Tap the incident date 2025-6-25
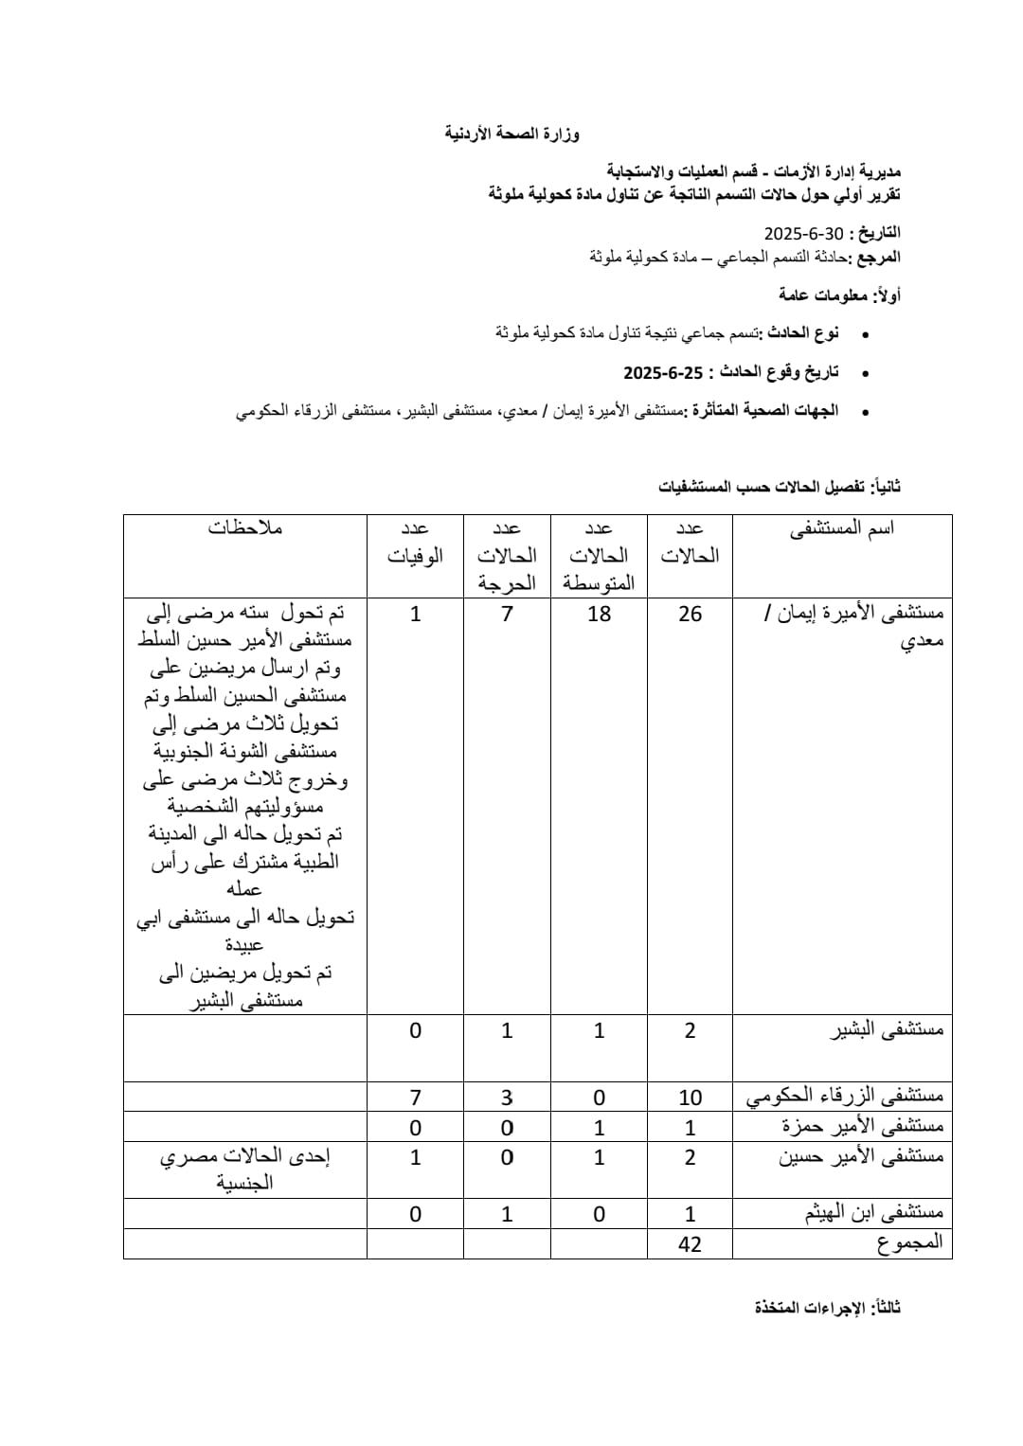[x=663, y=372]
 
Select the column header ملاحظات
[x=245, y=528]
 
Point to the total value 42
[x=690, y=1244]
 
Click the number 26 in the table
[x=690, y=614]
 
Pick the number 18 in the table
[x=599, y=614]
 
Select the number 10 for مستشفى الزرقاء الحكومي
[x=690, y=1098]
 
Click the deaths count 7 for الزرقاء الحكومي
[x=415, y=1098]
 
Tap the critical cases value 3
[x=507, y=1098]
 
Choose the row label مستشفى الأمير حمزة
[x=862, y=1127]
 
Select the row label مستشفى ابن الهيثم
[x=873, y=1213]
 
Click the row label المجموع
[x=910, y=1243]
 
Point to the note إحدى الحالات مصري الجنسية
[x=245, y=1169]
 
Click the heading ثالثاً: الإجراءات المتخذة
[x=827, y=1308]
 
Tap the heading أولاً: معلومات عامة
[x=839, y=295]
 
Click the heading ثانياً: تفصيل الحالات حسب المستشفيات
[x=779, y=487]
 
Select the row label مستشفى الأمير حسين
[x=861, y=1156]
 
